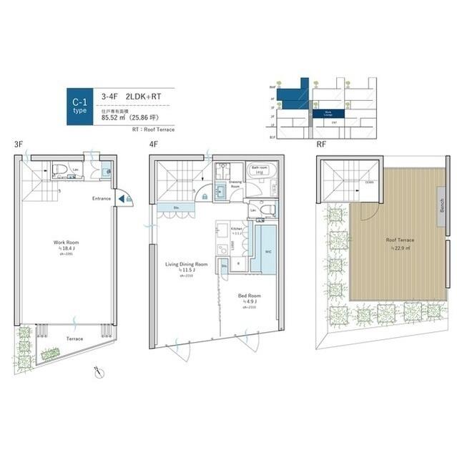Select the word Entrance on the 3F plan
point(100,198)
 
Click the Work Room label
point(65,243)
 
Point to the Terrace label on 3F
point(74,338)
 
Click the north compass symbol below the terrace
point(98,371)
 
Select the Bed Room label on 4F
point(250,295)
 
